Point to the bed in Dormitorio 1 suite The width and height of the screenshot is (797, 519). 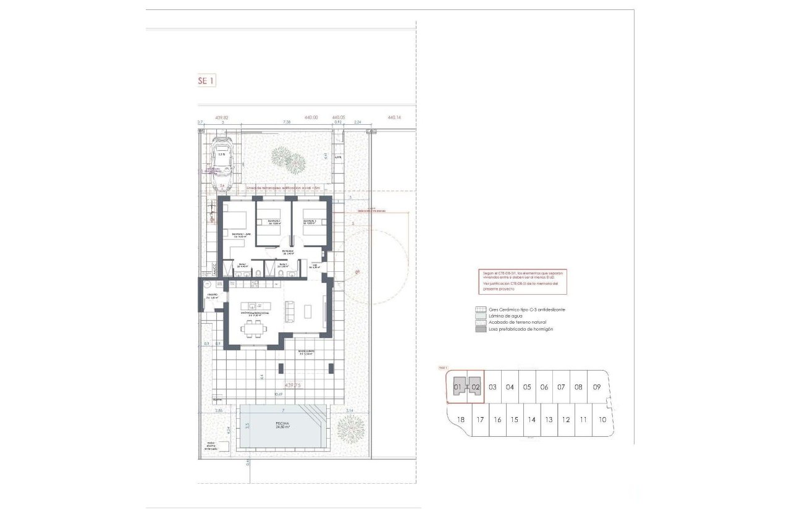click(235, 221)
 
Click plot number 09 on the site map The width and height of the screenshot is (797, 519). click(596, 387)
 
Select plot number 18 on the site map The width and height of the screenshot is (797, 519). click(460, 420)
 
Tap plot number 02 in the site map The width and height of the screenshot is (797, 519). click(475, 387)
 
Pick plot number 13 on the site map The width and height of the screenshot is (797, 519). click(549, 420)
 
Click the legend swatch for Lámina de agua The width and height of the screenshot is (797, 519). click(479, 316)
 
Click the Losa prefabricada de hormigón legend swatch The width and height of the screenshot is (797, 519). click(479, 329)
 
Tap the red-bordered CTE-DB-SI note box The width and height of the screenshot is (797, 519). click(521, 281)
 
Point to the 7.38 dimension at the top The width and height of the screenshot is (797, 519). click(286, 122)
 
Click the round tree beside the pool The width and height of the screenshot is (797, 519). click(351, 426)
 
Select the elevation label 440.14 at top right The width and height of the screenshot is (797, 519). click(394, 117)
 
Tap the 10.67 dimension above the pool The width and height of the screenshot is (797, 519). click(278, 394)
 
